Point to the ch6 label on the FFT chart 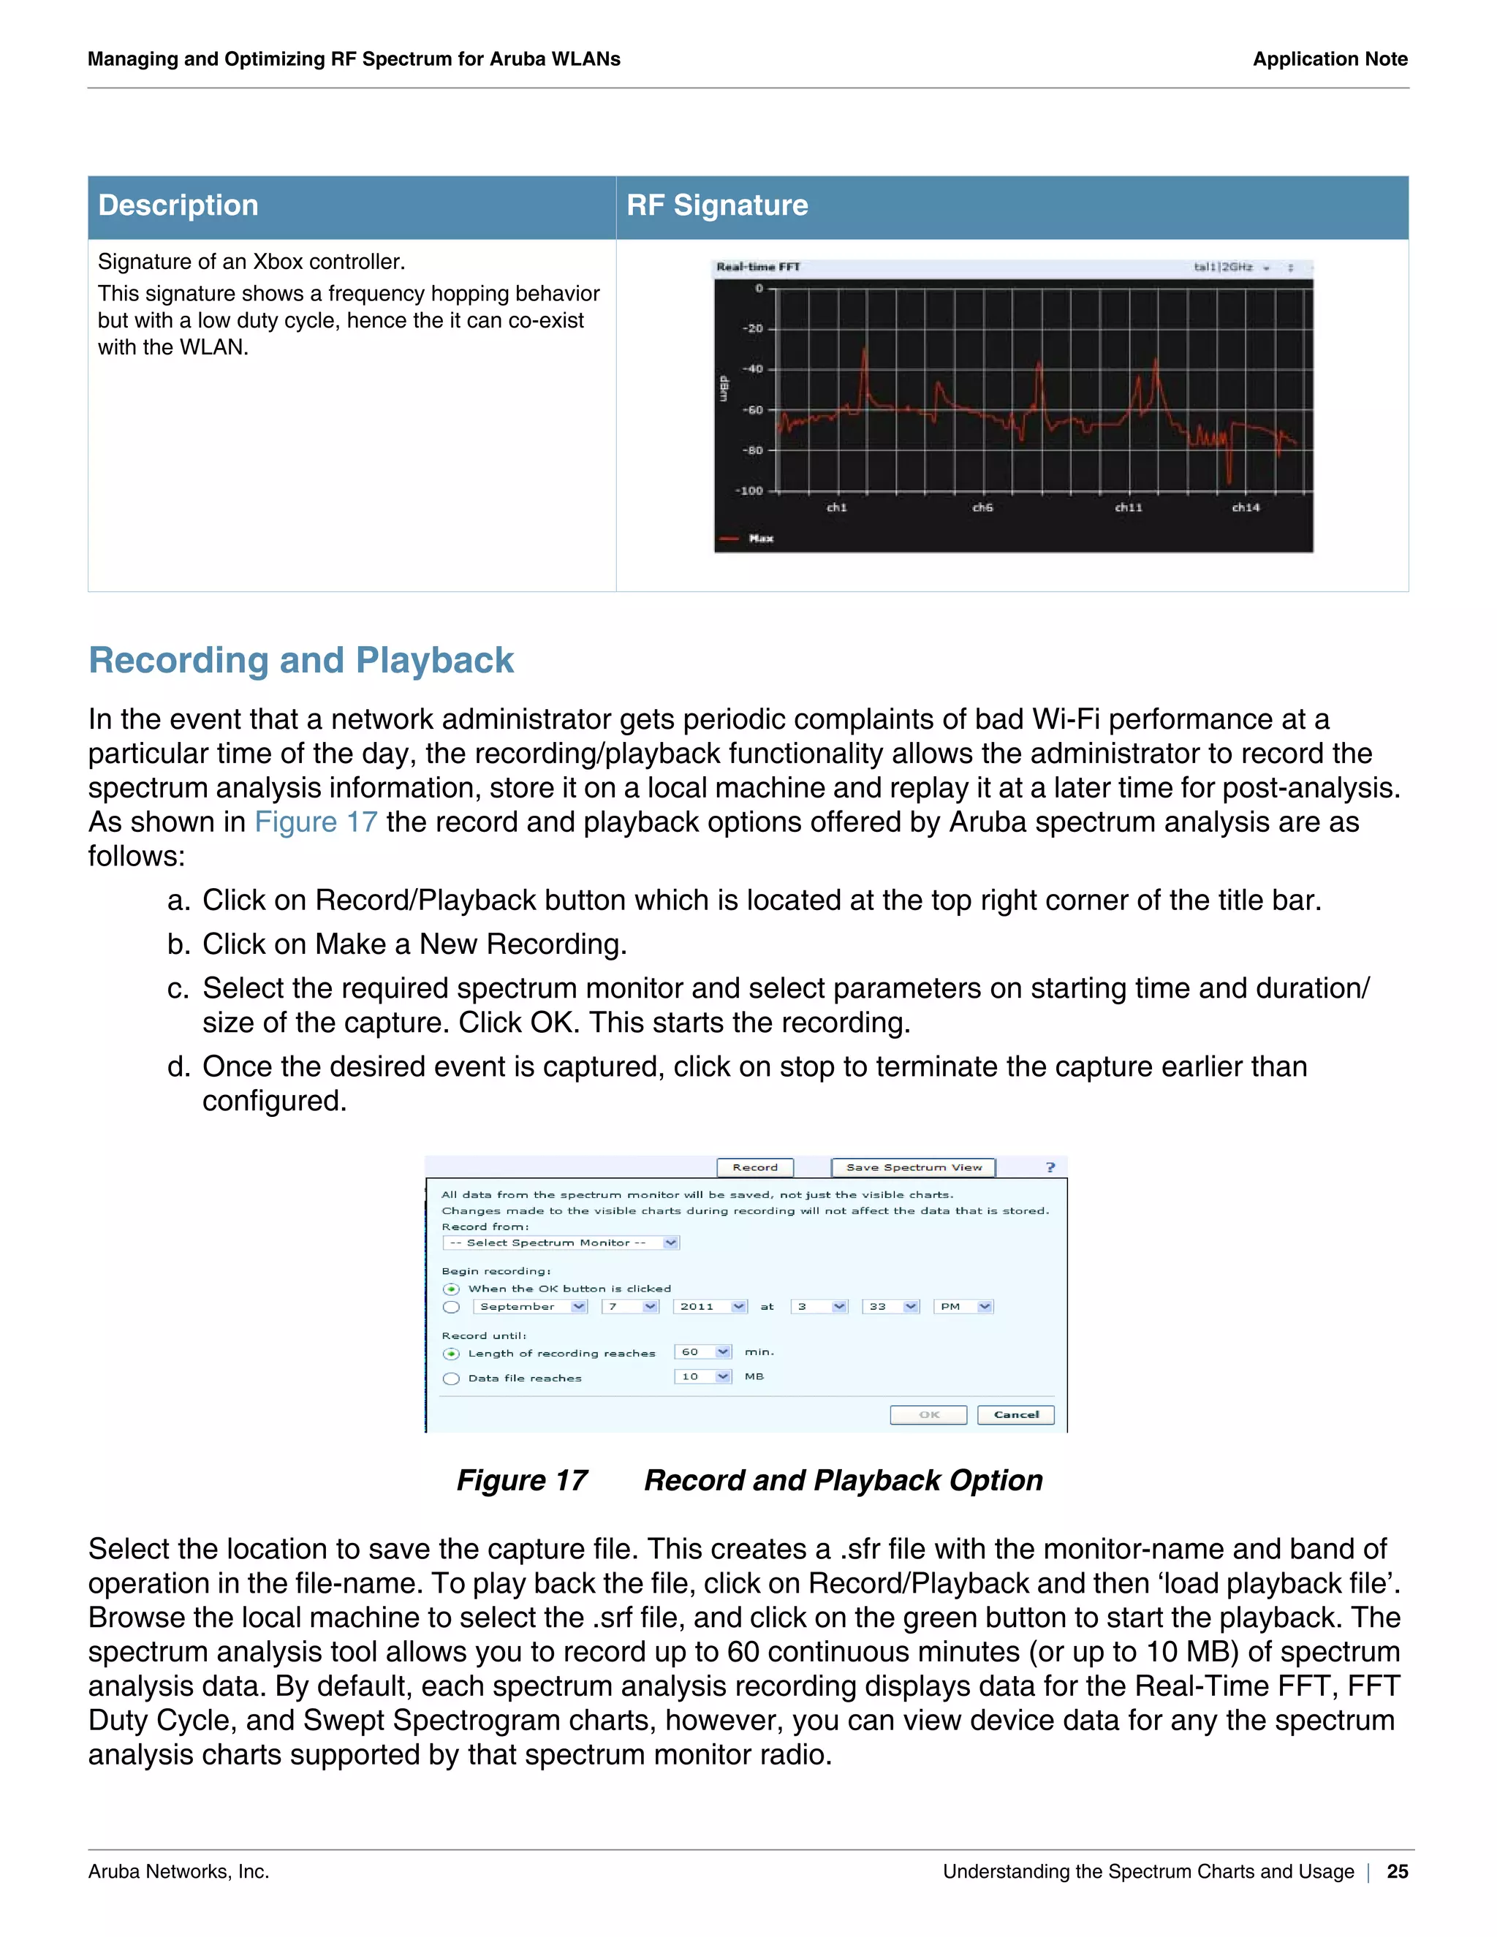982,507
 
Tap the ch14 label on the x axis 1245,507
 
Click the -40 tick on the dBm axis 752,369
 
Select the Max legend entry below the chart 760,539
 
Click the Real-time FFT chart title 757,267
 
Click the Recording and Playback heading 300,661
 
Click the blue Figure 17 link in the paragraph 316,822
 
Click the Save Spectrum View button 914,1167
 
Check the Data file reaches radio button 452,1379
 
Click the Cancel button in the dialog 1015,1414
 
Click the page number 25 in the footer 1397,1871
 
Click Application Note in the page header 1330,59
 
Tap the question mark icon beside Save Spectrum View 1050,1167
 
